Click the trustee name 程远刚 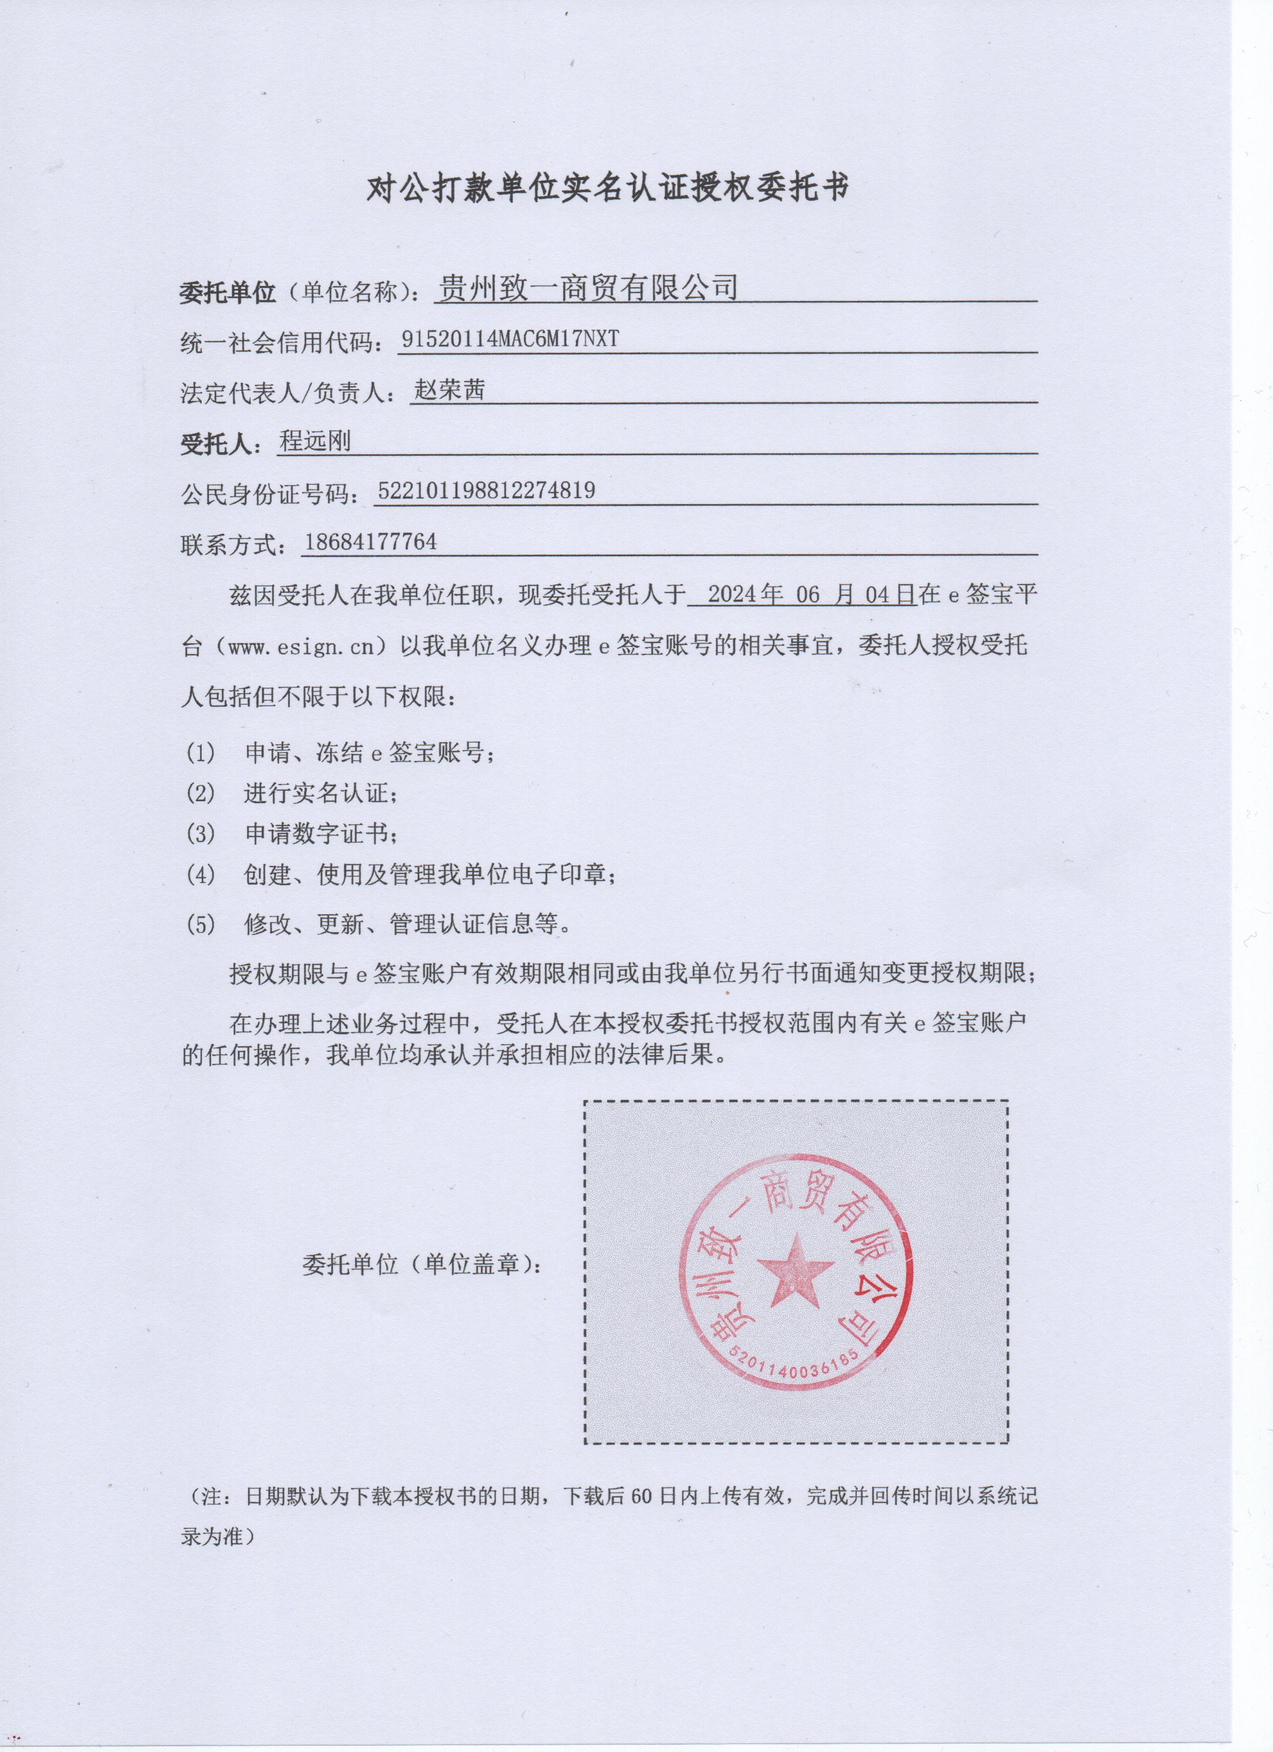(315, 441)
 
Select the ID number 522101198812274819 (486, 491)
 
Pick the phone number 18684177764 (371, 542)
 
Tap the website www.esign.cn (301, 646)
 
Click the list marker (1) (200, 752)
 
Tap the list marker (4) (200, 875)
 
